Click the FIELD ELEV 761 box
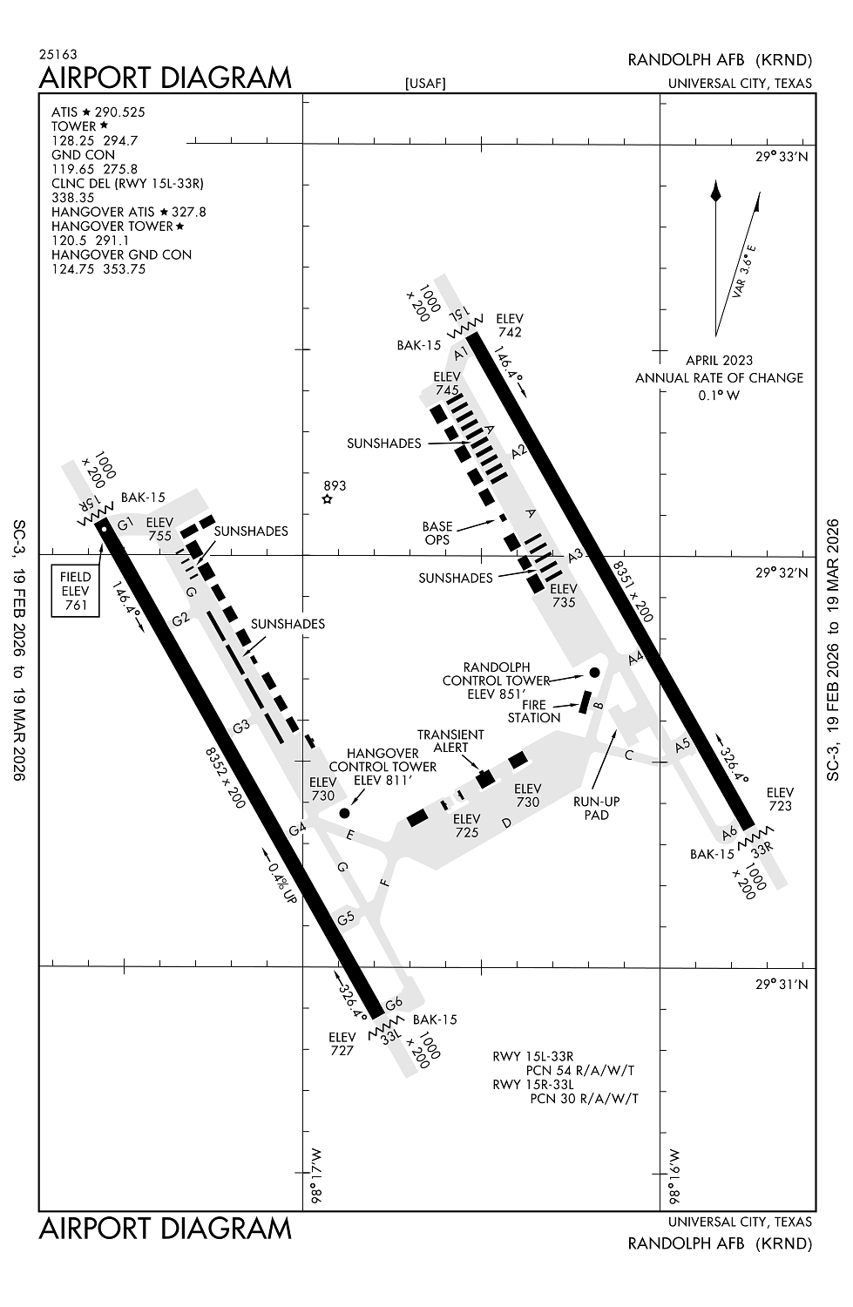point(76,591)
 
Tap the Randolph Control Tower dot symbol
point(594,672)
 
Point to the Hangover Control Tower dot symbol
point(344,812)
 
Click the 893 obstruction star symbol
point(328,499)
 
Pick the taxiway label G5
point(346,918)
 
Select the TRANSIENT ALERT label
point(450,741)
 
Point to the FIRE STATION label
point(534,711)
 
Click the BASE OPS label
point(437,532)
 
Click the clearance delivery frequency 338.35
point(73,198)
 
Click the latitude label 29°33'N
point(782,157)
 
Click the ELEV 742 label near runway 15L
point(510,325)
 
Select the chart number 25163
point(58,54)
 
